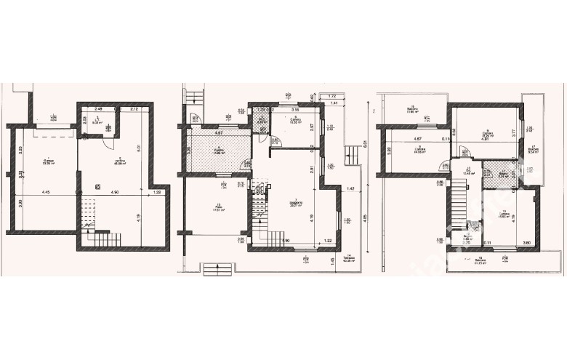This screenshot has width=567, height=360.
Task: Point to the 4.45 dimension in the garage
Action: click(x=45, y=192)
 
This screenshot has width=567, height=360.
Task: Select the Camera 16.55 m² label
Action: click(x=295, y=121)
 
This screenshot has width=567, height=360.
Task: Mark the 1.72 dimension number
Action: click(x=331, y=96)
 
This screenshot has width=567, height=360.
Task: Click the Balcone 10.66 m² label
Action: click(x=412, y=111)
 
